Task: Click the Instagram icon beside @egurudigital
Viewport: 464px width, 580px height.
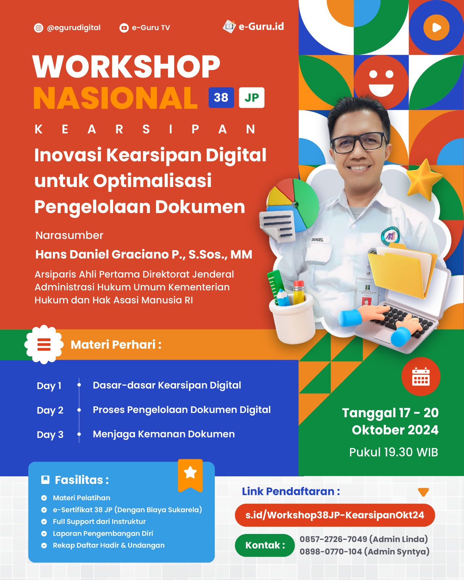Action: tap(38, 28)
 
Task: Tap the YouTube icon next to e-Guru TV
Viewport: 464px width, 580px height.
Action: tap(124, 28)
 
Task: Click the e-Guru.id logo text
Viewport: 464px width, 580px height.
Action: tap(261, 26)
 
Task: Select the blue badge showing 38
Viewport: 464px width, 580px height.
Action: tap(221, 98)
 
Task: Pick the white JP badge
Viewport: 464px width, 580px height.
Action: tap(252, 98)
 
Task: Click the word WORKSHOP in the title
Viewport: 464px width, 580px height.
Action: tap(126, 66)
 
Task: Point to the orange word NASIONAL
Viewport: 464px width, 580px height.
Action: tap(115, 98)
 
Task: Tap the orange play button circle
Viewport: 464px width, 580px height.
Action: tap(436, 27)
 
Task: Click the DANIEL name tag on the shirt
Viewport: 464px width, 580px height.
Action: tap(317, 240)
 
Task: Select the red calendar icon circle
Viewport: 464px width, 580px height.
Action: tap(421, 376)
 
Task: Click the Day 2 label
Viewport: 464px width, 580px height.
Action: tap(50, 410)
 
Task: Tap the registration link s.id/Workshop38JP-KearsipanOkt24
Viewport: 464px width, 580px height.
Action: tap(335, 515)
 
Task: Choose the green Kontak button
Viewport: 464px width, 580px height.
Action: tap(265, 545)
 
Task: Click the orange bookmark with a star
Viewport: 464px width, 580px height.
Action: tap(190, 476)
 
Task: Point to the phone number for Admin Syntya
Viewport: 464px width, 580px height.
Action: tap(331, 551)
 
